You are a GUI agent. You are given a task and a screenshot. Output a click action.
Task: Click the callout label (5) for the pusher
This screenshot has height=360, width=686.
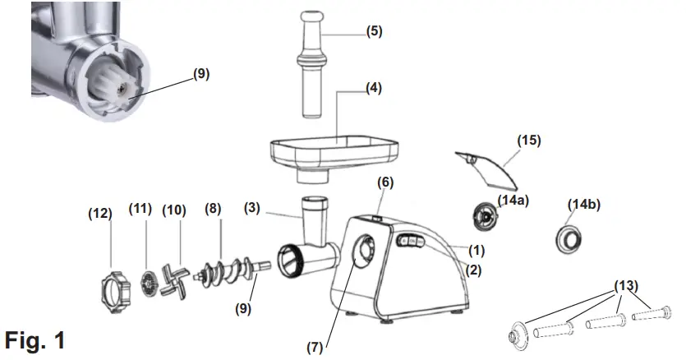[374, 32]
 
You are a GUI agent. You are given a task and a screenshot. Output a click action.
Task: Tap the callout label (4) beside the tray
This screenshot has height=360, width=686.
[374, 89]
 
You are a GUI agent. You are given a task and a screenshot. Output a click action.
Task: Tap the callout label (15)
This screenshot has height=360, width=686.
[529, 141]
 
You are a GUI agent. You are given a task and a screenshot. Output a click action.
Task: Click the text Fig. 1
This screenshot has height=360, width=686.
[34, 339]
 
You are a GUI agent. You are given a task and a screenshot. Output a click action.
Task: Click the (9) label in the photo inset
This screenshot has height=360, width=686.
[200, 73]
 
